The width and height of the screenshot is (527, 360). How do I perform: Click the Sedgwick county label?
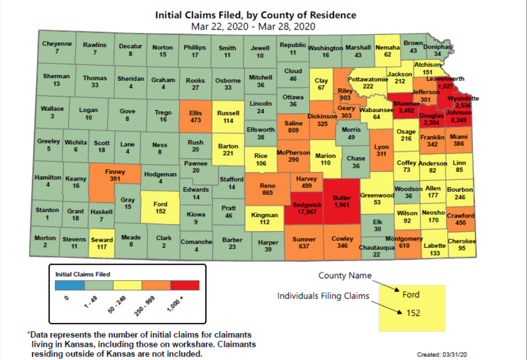[307, 205]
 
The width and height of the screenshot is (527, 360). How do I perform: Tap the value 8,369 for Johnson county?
[459, 120]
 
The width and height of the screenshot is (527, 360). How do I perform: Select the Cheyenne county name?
[57, 44]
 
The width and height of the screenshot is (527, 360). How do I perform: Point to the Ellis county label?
[196, 113]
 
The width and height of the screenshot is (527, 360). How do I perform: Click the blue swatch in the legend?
[70, 285]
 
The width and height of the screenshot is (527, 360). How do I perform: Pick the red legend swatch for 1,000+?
[185, 285]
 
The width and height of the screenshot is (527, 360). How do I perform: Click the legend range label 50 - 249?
[117, 305]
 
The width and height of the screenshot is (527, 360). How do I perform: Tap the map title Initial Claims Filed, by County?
[256, 15]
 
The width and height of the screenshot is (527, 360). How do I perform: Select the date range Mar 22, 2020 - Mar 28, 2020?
[253, 27]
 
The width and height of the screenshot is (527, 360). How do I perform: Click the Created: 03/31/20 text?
[442, 354]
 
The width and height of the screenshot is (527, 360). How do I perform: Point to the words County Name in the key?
[345, 275]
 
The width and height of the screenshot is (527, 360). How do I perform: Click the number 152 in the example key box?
[413, 313]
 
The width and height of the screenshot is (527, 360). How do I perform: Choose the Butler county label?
[342, 198]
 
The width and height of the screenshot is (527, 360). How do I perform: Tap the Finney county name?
[115, 172]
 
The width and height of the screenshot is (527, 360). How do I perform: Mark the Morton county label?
[45, 238]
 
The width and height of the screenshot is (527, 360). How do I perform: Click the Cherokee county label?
[462, 241]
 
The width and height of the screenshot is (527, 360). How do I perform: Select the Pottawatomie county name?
[368, 79]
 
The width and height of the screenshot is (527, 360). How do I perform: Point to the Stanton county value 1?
[47, 217]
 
